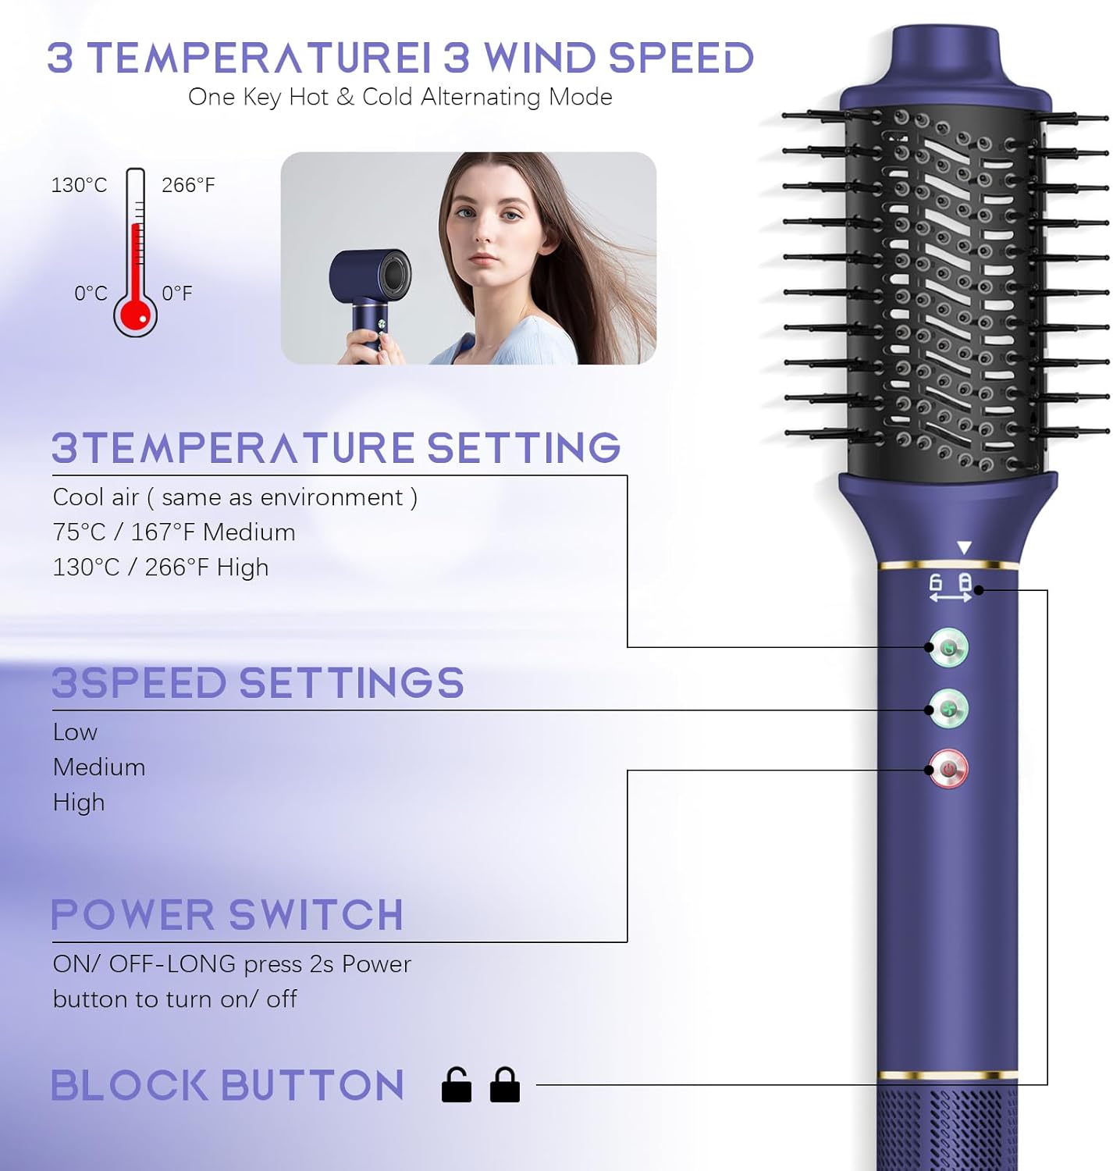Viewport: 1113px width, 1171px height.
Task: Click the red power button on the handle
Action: [x=948, y=769]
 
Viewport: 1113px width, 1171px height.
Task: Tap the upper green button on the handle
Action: [x=948, y=647]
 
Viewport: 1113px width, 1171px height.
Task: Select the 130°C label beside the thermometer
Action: [x=79, y=185]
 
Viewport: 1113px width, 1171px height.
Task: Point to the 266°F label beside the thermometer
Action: [x=188, y=185]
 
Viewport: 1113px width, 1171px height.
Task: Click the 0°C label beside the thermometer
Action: [x=91, y=294]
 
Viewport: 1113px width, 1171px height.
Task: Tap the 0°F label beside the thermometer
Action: [x=177, y=294]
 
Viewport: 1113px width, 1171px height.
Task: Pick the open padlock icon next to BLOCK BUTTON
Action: [x=457, y=1084]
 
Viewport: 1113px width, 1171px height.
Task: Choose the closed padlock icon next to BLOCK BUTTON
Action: [x=505, y=1084]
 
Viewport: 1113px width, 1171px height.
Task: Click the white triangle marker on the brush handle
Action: [x=965, y=548]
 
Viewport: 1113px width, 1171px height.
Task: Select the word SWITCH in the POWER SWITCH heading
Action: [x=315, y=915]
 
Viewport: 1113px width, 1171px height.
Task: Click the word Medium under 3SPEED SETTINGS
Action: [x=99, y=767]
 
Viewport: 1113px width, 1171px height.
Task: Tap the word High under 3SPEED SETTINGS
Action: [x=79, y=803]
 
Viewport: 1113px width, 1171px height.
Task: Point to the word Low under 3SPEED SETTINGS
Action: [x=75, y=732]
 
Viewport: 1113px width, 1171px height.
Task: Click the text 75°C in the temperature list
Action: [x=79, y=532]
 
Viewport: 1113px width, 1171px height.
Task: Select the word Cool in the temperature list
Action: [x=74, y=497]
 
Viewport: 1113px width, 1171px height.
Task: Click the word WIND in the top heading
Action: [x=539, y=59]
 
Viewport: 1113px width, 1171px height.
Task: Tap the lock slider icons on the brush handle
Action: [x=950, y=588]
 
